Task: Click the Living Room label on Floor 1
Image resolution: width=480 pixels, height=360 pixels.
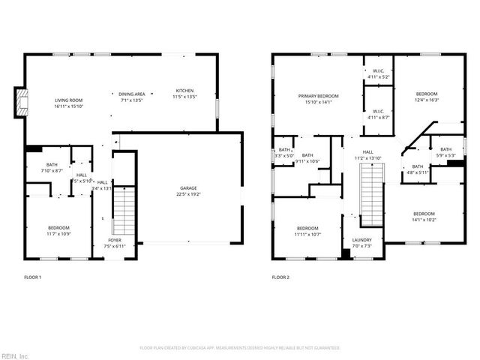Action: [68, 100]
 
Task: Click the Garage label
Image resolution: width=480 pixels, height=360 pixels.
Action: [188, 187]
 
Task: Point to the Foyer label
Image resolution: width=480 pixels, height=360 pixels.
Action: [114, 239]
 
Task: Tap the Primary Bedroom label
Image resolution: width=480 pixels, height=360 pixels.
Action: [318, 96]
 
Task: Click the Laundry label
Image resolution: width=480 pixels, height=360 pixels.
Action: [361, 240]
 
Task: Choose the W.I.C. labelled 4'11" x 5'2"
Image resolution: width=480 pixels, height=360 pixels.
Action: [378, 76]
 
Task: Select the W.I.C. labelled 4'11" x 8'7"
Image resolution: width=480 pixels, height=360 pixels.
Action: [378, 117]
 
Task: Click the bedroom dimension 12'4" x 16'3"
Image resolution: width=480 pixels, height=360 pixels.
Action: [427, 100]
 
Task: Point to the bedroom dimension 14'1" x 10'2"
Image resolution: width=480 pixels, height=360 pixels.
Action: [423, 220]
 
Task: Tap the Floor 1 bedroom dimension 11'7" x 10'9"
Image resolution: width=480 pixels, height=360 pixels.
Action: [58, 233]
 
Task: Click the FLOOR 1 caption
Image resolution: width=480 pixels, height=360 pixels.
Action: [32, 277]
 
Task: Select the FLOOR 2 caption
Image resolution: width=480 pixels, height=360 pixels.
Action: [280, 277]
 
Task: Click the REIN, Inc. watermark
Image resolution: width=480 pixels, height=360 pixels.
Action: [16, 355]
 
